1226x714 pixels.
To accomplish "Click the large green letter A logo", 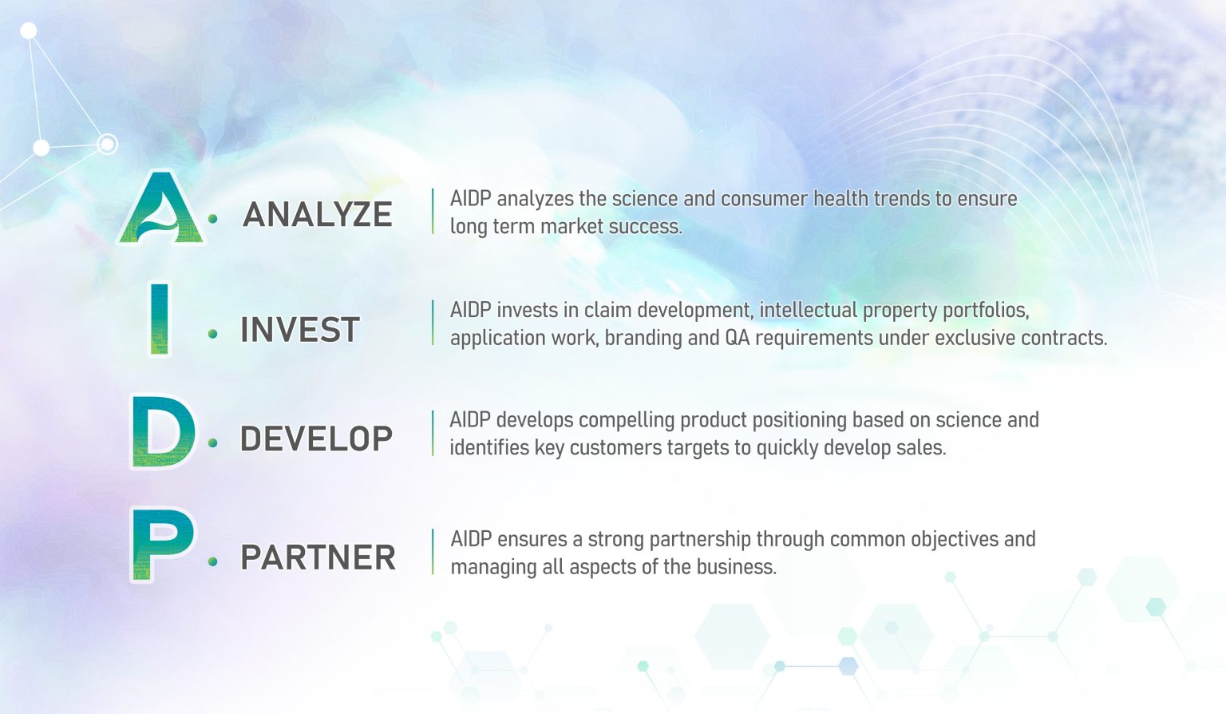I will (x=162, y=209).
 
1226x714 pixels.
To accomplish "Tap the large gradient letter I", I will (x=160, y=319).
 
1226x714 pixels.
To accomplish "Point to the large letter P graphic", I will (x=163, y=545).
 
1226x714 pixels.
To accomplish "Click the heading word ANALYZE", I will (x=318, y=214).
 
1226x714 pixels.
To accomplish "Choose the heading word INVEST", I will (x=300, y=330).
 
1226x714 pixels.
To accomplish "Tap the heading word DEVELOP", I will (x=316, y=438).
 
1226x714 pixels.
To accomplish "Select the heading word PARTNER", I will (x=318, y=557).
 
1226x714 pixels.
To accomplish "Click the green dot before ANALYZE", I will (x=212, y=218).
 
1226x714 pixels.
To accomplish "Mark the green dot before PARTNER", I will (x=212, y=561).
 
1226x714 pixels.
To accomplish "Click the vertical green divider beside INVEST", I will (x=433, y=323).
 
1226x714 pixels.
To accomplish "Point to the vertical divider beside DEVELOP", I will (x=433, y=433).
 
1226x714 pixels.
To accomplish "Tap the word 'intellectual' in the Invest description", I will (x=808, y=310).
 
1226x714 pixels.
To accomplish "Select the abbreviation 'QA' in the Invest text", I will (x=737, y=338).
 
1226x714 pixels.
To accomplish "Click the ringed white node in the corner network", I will (x=107, y=144).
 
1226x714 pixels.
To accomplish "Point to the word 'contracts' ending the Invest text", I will (x=1064, y=338).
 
